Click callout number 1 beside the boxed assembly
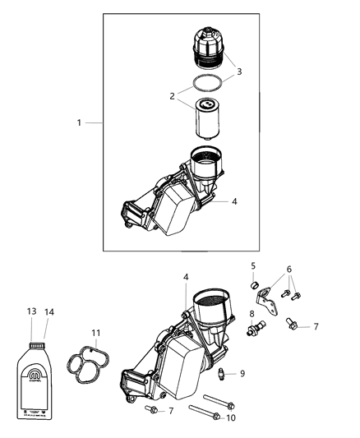[x=80, y=122]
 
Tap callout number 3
[x=239, y=72]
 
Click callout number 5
[x=254, y=265]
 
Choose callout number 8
[x=251, y=313]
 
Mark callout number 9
[x=242, y=374]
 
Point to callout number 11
[x=95, y=334]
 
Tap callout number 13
[x=32, y=312]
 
